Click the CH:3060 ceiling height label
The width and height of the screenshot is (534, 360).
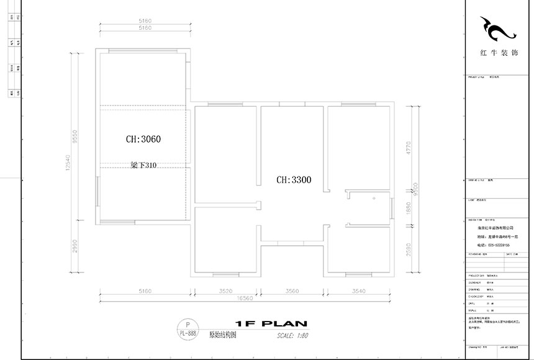pyautogui.click(x=143, y=140)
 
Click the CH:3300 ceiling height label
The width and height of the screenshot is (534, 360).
pyautogui.click(x=294, y=180)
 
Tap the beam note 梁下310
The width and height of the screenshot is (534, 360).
pyautogui.click(x=143, y=165)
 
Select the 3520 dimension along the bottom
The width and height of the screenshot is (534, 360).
pyautogui.click(x=225, y=290)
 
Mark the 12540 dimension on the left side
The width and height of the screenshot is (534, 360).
pyautogui.click(x=76, y=163)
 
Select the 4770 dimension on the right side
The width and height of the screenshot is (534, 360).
pyautogui.click(x=408, y=148)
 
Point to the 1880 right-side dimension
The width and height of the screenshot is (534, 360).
pyautogui.click(x=408, y=208)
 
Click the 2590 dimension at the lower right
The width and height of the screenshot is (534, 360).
pyautogui.click(x=408, y=250)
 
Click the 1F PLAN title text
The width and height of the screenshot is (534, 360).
pyautogui.click(x=271, y=324)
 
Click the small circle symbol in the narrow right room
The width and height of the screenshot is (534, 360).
pyautogui.click(x=374, y=199)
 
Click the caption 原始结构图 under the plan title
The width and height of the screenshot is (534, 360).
pyautogui.click(x=222, y=334)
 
